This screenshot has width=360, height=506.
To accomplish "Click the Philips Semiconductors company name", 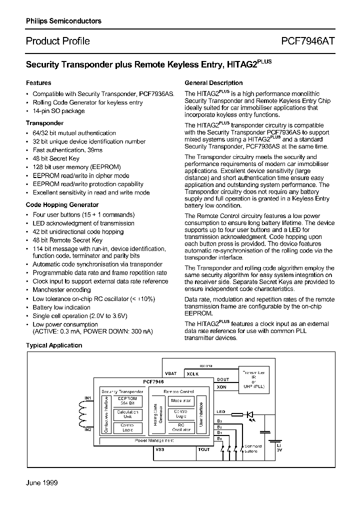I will (x=63, y=21).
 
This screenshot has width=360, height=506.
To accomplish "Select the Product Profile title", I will (x=57, y=41).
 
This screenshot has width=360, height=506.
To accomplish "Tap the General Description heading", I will (x=213, y=83).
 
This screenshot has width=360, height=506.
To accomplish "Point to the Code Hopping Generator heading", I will (x=62, y=205).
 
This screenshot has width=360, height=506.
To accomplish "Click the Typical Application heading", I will (x=54, y=345).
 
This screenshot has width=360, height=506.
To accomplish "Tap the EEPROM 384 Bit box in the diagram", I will (x=127, y=401).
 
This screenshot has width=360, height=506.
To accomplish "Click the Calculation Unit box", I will (x=127, y=414).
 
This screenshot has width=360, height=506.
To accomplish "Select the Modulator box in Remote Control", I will (x=181, y=400).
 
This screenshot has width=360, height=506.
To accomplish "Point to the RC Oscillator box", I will (x=181, y=427).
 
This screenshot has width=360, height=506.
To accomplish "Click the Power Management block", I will (x=154, y=440).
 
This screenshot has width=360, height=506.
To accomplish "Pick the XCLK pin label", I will (x=192, y=374).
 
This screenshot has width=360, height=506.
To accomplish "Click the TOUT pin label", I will (x=204, y=449).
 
